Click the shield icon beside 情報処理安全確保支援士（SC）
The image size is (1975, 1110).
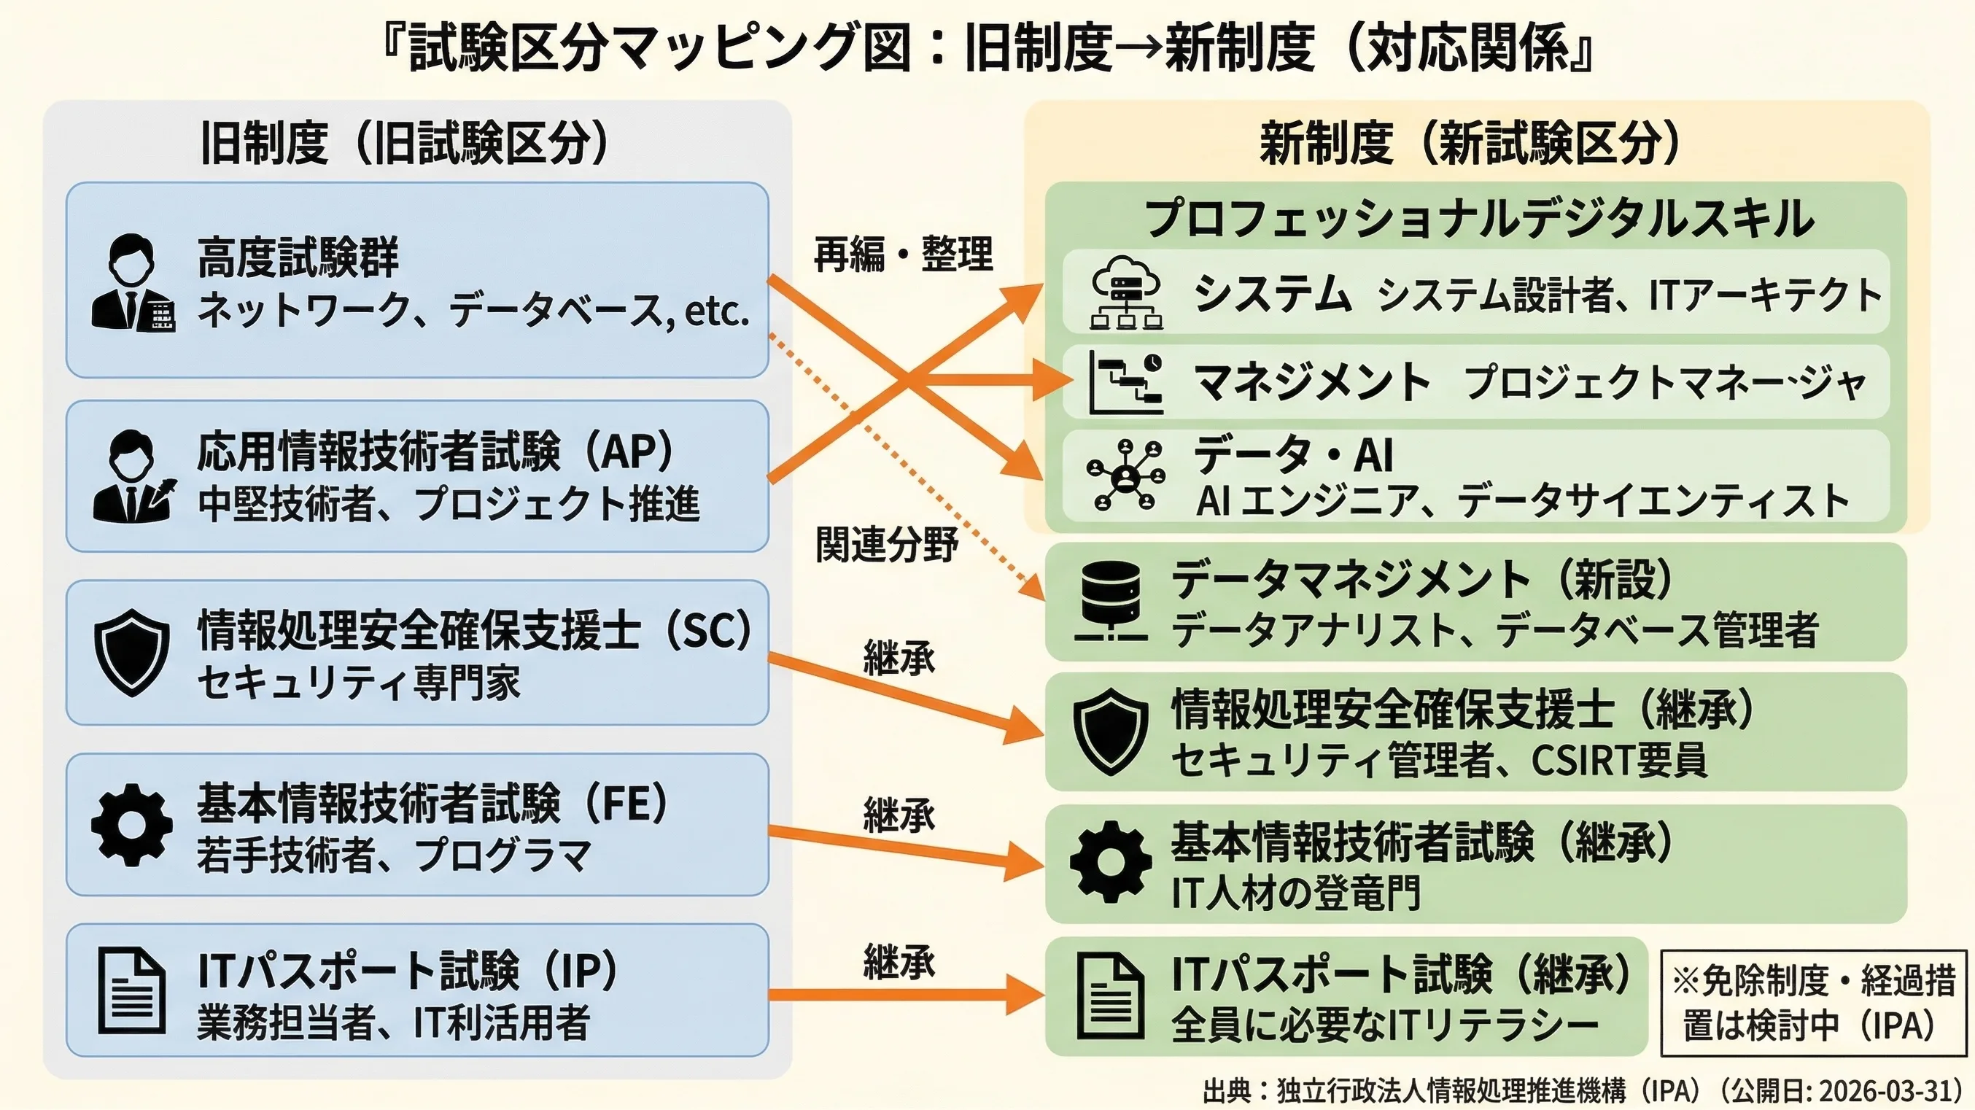132,652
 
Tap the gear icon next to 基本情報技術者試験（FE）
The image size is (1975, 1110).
132,825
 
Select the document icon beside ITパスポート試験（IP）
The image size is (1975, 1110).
132,991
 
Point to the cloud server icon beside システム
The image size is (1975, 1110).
1126,292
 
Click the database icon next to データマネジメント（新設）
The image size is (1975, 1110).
1111,601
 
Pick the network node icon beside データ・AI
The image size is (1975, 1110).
1125,476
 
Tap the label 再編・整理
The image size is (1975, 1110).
903,254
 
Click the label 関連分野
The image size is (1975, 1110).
886,544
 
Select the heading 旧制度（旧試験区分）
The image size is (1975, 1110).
405,143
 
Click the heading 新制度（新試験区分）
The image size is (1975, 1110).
1470,143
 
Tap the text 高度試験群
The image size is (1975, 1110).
298,257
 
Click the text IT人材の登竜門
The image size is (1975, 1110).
1296,892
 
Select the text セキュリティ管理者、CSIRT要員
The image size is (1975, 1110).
1439,760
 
